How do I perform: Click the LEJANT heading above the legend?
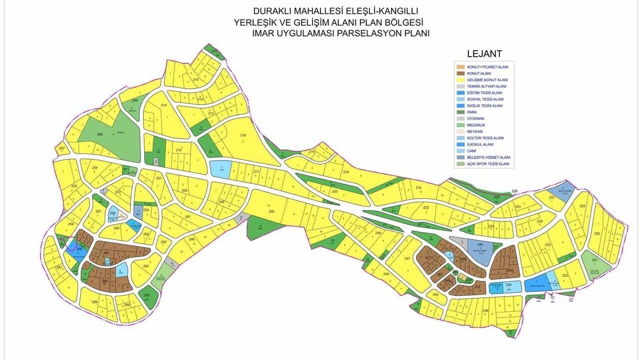[x=484, y=53]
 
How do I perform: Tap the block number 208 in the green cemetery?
[x=99, y=134]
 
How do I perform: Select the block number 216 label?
[x=243, y=135]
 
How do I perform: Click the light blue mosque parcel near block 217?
[x=220, y=169]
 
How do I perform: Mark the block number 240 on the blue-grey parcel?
[x=480, y=244]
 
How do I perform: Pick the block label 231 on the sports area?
[x=594, y=260]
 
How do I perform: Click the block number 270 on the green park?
[x=146, y=295]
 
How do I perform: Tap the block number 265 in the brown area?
[x=106, y=253]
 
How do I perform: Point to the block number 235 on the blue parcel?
[x=508, y=285]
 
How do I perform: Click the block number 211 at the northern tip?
[x=214, y=51]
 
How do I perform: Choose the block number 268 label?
[x=94, y=302]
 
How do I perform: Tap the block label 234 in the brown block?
[x=510, y=270]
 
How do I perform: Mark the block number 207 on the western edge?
[x=61, y=149]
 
